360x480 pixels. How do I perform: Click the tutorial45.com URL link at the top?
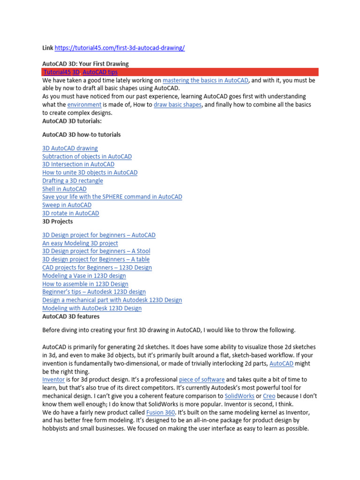point(120,48)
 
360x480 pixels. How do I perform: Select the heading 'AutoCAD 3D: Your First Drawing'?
point(85,64)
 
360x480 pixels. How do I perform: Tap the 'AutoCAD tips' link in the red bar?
point(100,72)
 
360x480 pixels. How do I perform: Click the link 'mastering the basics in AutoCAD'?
point(205,81)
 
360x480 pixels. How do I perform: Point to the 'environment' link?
point(84,105)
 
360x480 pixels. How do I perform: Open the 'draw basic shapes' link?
point(177,105)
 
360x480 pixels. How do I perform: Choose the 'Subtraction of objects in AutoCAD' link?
point(87,157)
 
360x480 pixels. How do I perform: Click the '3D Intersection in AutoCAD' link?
point(78,165)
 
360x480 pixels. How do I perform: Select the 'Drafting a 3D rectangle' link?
point(72,181)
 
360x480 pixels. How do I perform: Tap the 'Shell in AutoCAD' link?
point(64,189)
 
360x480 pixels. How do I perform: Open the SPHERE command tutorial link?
point(112,197)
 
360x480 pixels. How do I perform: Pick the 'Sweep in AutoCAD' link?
point(67,205)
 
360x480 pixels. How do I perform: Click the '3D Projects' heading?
point(57,221)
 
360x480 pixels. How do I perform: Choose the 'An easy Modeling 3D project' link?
point(80,243)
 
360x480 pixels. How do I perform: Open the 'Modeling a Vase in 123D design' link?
point(84,276)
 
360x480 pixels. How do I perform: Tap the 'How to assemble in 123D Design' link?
point(85,284)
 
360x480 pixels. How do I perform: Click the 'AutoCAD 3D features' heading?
point(71,316)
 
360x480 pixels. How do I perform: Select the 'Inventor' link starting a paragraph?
point(54,379)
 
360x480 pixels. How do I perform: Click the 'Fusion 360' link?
point(160,412)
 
